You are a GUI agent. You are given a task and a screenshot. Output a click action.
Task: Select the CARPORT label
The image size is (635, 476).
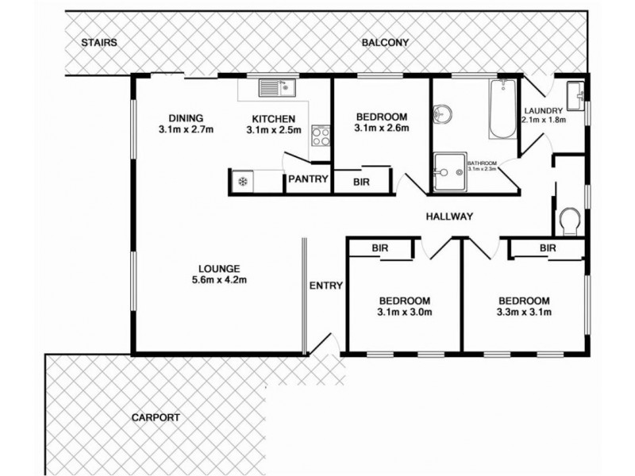(156, 416)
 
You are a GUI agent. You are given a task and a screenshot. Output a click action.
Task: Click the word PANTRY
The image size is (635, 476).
(308, 180)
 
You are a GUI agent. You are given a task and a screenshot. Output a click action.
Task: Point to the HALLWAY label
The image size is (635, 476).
(449, 216)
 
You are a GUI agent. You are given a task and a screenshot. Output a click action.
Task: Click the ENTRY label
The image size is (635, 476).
(325, 286)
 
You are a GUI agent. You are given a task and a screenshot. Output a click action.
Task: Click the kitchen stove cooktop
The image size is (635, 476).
(320, 135)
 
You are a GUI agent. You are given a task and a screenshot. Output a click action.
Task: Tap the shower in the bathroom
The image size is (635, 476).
(449, 171)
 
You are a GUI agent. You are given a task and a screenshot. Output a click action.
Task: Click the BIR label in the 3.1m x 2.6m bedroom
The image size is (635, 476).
(360, 181)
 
